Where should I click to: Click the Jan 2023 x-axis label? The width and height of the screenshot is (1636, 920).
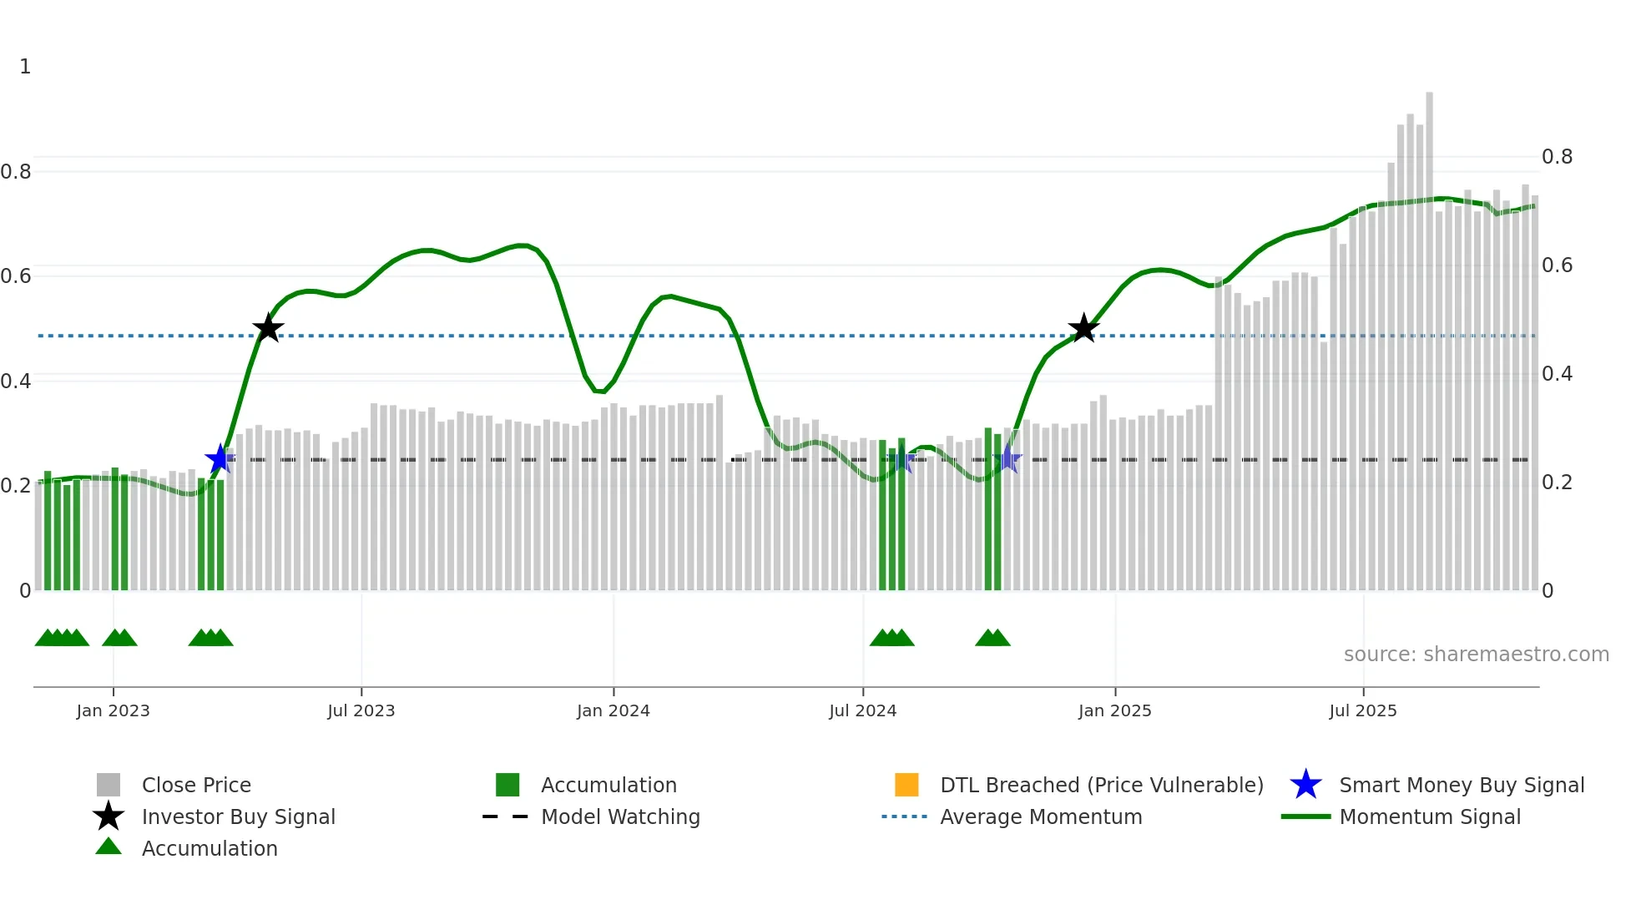[113, 710]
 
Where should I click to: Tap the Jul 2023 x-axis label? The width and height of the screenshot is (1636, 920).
[361, 710]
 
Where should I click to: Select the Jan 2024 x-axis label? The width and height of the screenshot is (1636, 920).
[613, 710]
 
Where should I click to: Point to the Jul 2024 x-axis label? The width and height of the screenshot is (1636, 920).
[862, 710]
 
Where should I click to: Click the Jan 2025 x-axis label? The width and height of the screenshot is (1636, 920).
[1114, 710]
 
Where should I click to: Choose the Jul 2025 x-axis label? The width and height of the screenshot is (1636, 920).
[1362, 710]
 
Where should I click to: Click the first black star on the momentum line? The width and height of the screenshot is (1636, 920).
[268, 328]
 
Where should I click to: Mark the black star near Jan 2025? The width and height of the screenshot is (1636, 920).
[1083, 328]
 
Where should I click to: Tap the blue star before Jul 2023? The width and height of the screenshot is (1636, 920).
[220, 458]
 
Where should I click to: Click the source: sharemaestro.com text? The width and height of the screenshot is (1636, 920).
[1476, 654]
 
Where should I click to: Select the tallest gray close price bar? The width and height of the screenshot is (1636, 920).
[1429, 334]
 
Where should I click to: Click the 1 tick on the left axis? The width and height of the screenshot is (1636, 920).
[25, 67]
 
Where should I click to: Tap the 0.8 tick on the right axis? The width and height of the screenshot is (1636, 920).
[1557, 157]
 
